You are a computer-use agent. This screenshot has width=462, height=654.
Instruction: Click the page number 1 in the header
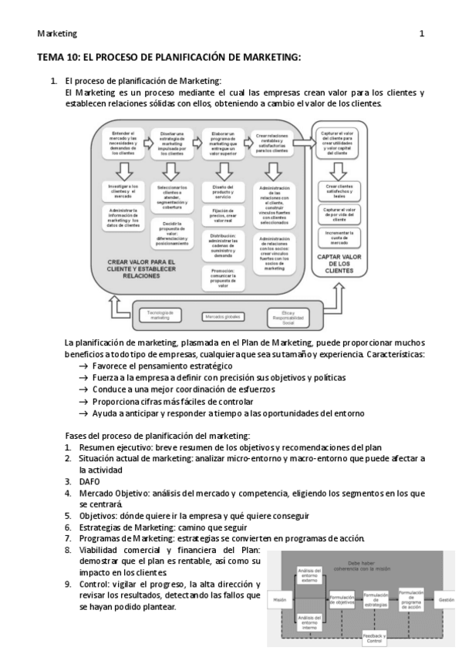pos(421,34)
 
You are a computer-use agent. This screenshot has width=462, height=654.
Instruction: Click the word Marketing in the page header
pos(57,34)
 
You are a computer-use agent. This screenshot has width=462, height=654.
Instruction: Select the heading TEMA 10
pos(169,58)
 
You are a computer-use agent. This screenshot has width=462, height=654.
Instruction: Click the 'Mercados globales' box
pos(223,316)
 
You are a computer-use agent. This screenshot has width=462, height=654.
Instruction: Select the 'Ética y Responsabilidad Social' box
pos(285,316)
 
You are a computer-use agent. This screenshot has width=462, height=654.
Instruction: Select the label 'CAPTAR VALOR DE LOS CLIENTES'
pos(340,267)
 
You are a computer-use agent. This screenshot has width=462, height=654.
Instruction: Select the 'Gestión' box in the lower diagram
pos(445,599)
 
